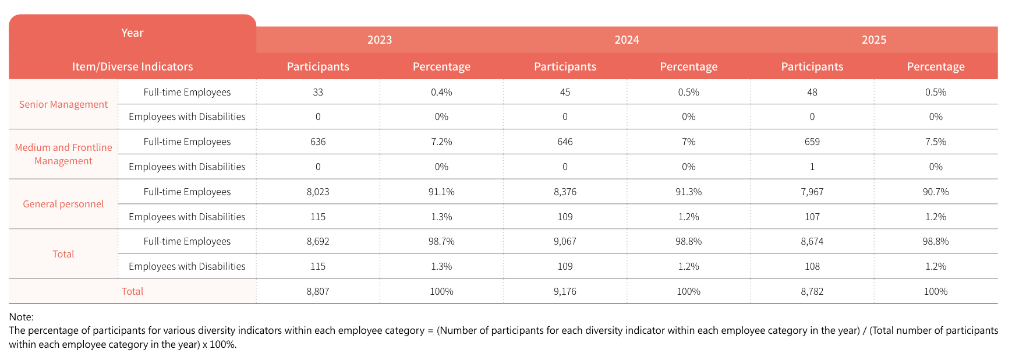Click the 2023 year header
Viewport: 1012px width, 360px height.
click(380, 40)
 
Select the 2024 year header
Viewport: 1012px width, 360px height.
click(627, 40)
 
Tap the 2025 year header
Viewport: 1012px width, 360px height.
click(874, 40)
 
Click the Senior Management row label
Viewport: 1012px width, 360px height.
click(63, 104)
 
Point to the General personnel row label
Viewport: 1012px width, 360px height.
click(63, 204)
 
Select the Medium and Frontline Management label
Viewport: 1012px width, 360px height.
click(63, 154)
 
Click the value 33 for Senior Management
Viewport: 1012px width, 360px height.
click(318, 92)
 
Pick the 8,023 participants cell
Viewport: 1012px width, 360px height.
click(318, 192)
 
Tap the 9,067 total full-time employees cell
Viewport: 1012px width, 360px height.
click(565, 241)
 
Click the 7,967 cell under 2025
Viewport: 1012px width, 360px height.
click(812, 192)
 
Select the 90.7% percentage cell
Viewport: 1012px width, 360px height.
click(936, 192)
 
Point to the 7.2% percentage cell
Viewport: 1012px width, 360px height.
click(441, 142)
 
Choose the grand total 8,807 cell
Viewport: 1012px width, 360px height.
click(318, 291)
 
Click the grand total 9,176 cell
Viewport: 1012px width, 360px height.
click(565, 291)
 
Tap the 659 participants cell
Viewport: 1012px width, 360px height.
click(812, 142)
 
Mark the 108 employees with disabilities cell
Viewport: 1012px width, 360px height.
click(812, 266)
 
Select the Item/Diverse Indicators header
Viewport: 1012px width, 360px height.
click(133, 66)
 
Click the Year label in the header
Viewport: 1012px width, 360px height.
click(132, 33)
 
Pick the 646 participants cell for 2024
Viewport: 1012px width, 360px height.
click(565, 142)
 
